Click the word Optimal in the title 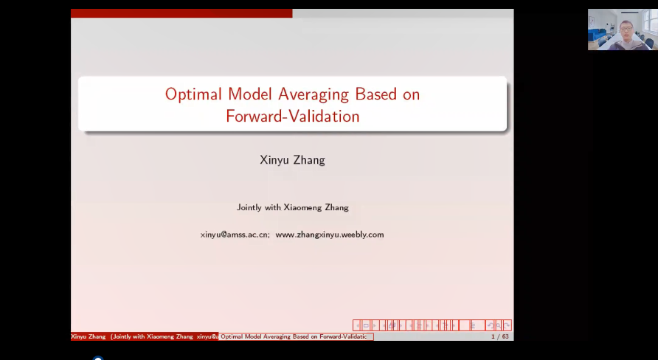point(193,94)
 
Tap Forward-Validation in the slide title point(293,117)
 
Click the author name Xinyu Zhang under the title point(293,160)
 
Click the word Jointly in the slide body point(249,207)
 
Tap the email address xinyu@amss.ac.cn point(235,235)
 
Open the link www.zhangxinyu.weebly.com point(330,235)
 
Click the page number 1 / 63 point(500,336)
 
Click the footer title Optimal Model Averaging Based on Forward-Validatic point(294,336)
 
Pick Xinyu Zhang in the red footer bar point(88,336)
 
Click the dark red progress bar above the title point(181,13)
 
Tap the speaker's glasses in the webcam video point(626,28)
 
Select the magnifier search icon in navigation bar point(498,325)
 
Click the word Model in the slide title point(249,94)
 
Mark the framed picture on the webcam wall point(592,21)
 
